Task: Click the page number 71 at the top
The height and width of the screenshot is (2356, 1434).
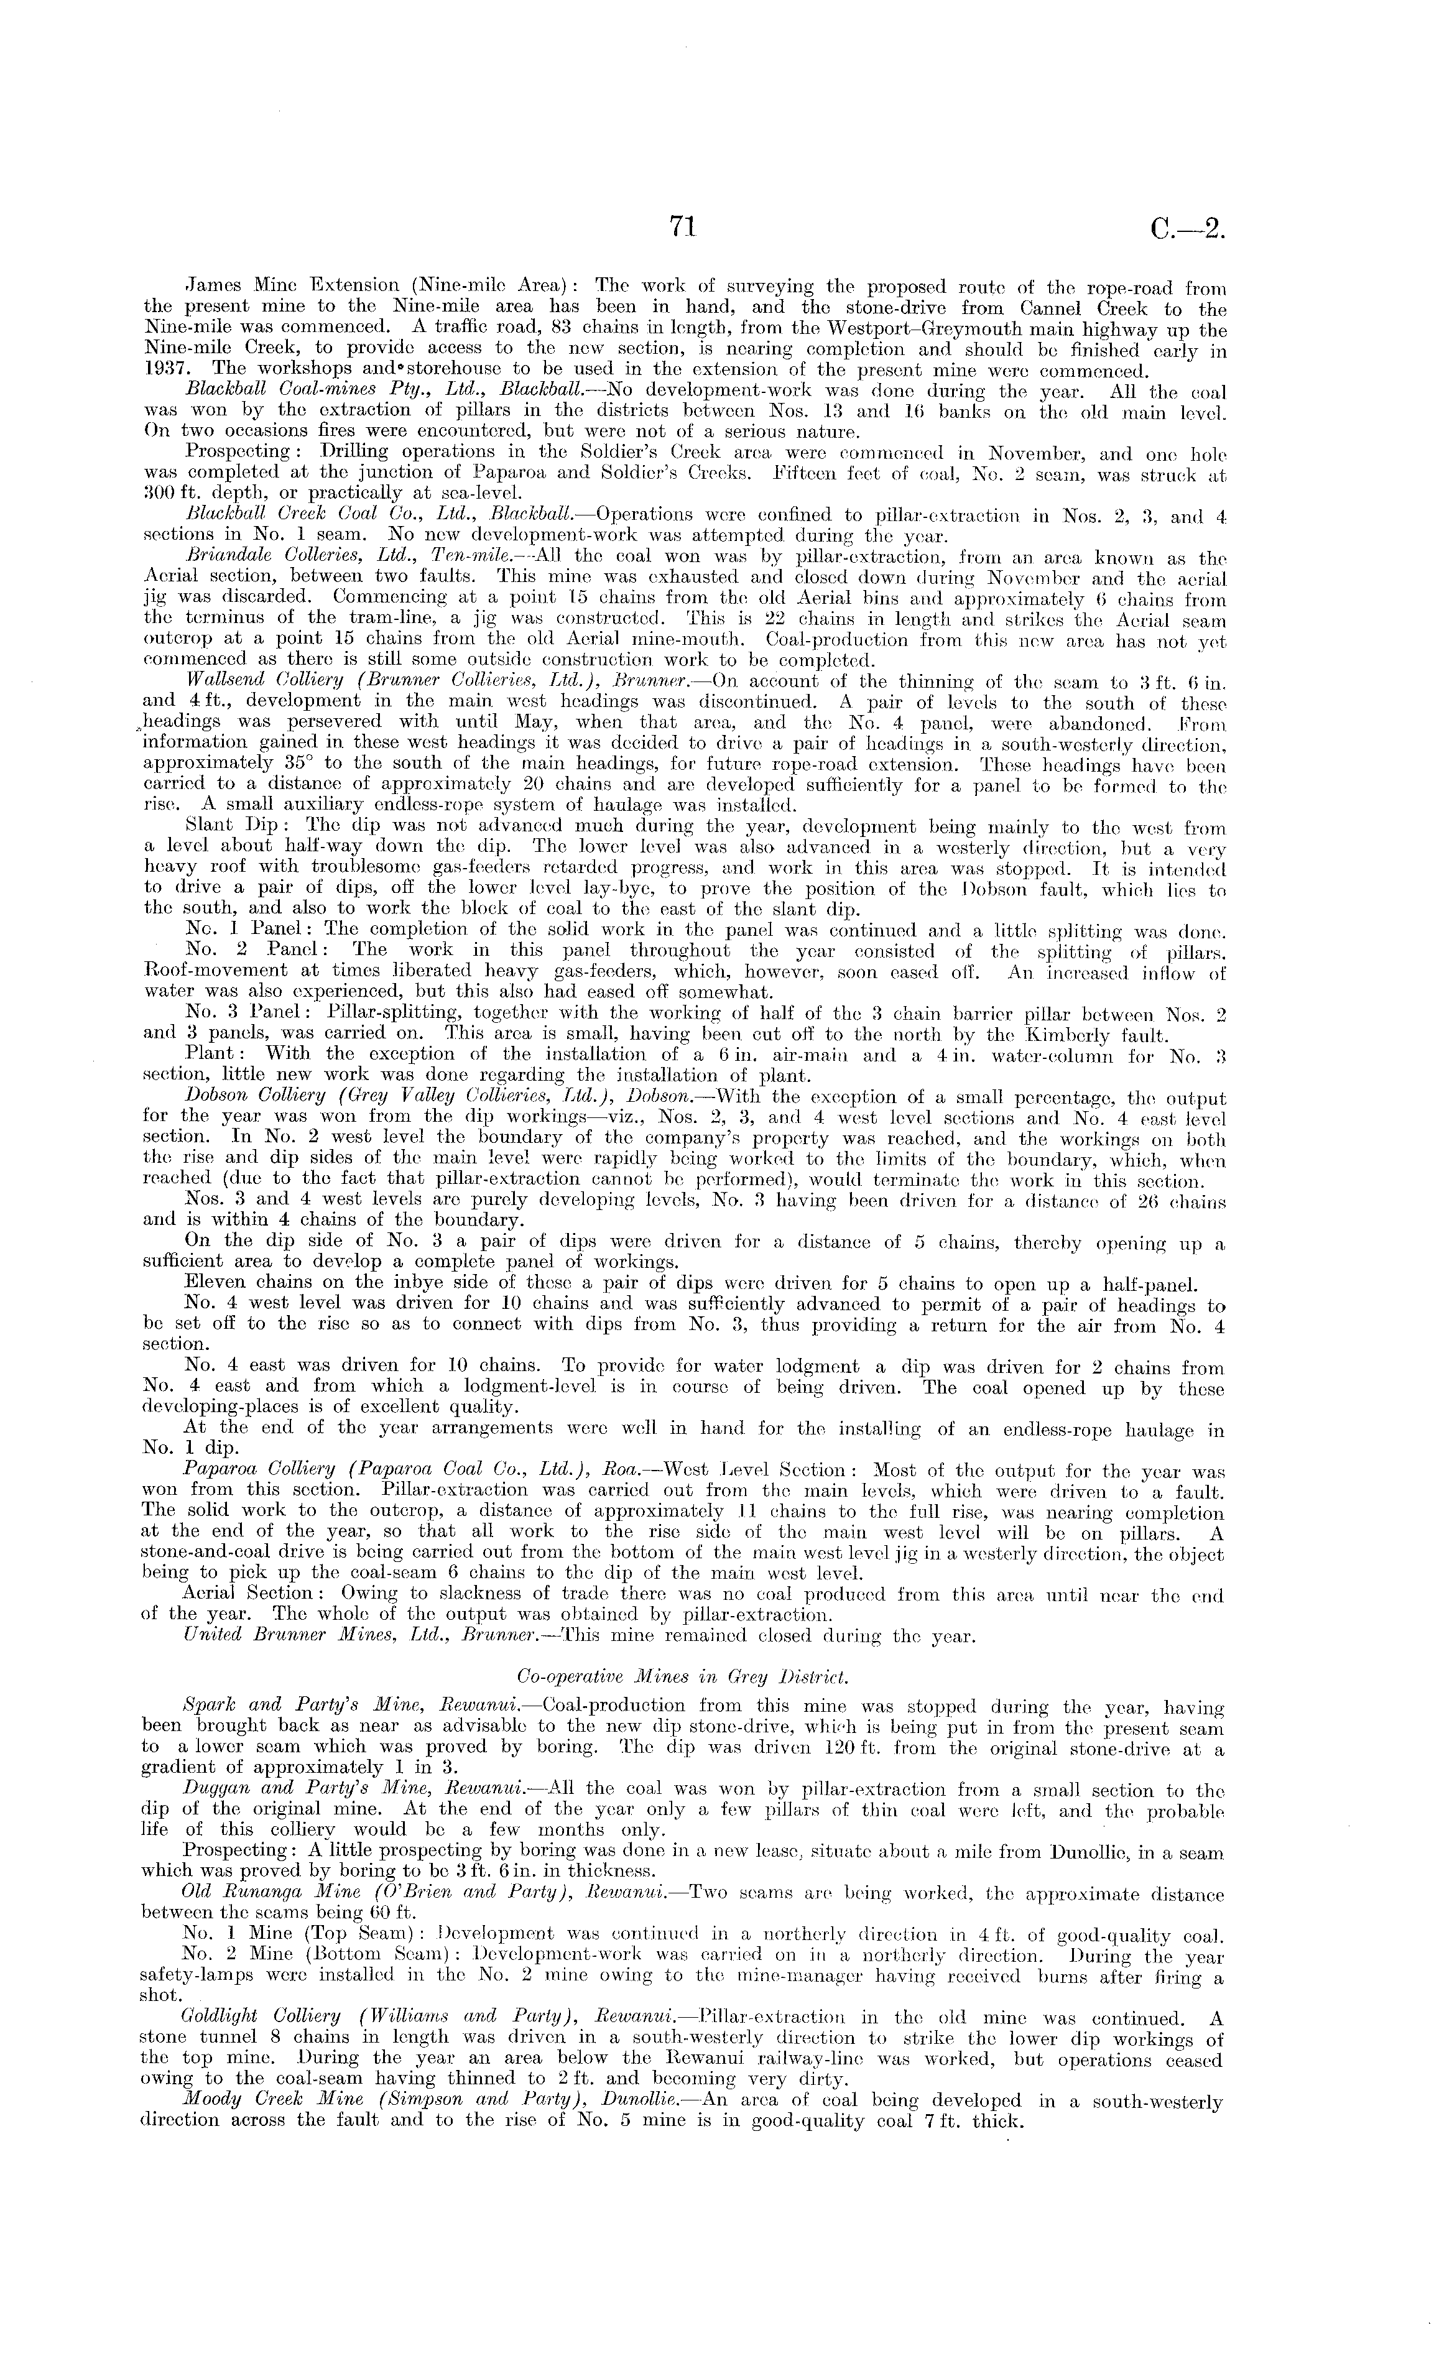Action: click(x=683, y=226)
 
